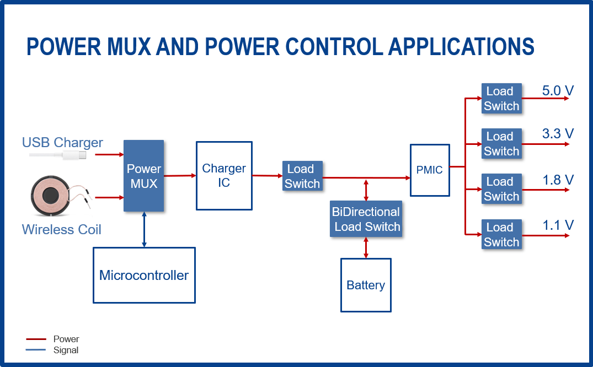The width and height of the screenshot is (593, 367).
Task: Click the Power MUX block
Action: (x=143, y=176)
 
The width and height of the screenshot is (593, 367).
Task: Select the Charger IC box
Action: (x=224, y=176)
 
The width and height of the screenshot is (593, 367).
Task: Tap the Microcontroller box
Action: (x=144, y=275)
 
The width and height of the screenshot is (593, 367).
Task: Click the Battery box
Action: (x=366, y=285)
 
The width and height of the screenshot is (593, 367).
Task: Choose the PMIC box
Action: (x=430, y=170)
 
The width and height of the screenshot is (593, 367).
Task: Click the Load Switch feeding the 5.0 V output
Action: (x=501, y=99)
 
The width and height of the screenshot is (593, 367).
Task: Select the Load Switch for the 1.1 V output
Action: (x=501, y=235)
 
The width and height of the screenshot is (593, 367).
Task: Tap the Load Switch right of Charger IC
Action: (x=302, y=176)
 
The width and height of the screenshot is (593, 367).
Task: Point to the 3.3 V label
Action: (x=558, y=133)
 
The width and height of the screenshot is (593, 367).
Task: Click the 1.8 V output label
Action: (x=558, y=180)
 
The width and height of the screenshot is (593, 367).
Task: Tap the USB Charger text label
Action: (x=62, y=143)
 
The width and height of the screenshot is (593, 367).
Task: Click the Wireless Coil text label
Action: (x=61, y=229)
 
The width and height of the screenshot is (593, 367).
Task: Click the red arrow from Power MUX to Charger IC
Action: (x=180, y=176)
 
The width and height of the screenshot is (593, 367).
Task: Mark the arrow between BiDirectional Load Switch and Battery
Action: (x=366, y=247)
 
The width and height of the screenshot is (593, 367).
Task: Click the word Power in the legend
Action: (x=66, y=339)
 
